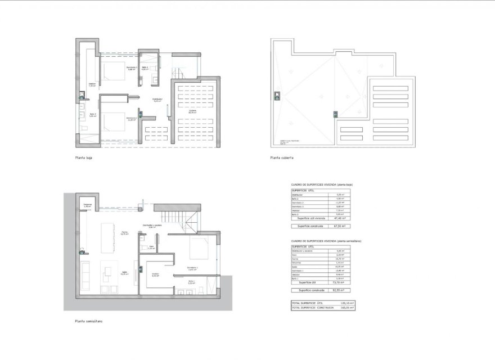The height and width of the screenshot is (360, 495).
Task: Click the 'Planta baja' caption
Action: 84,159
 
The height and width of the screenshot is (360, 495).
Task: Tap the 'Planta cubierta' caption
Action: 282,159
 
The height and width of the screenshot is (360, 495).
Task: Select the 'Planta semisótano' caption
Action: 88,322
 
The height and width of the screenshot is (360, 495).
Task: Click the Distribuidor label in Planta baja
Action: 157,100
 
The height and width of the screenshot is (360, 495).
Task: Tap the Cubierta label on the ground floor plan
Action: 192,111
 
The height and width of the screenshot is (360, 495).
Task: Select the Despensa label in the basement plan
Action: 87,205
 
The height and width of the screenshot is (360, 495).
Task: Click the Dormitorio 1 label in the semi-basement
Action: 192,268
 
